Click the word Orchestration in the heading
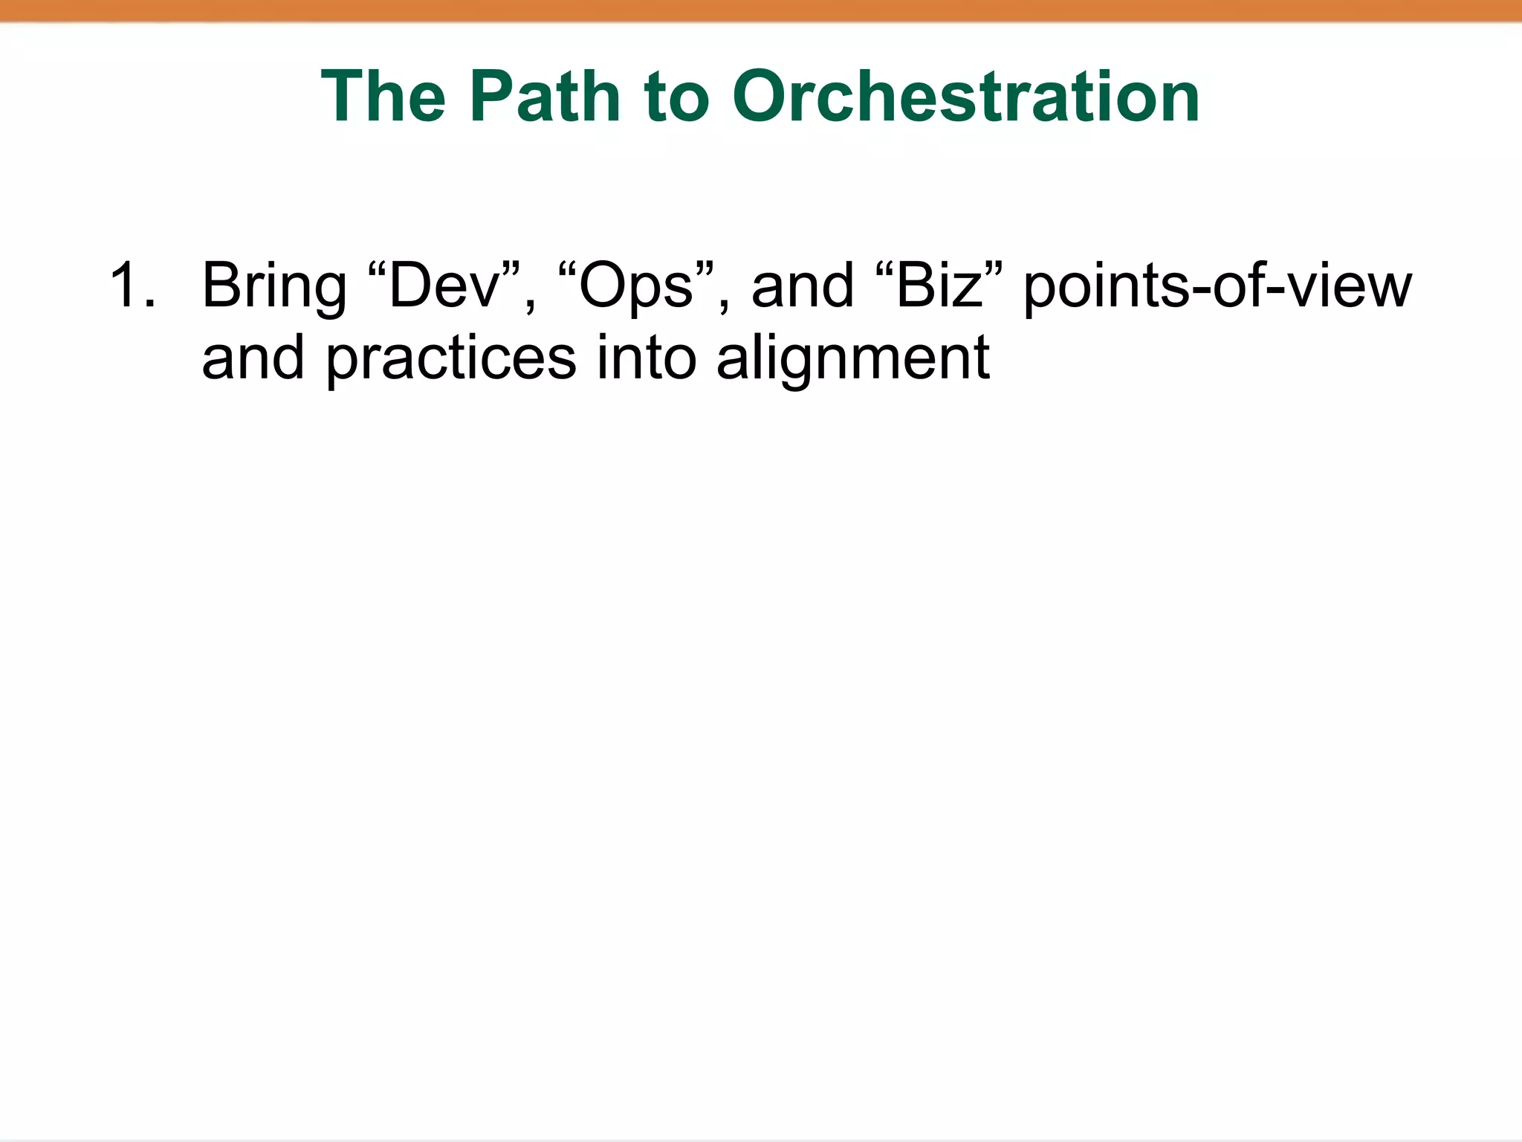click(966, 97)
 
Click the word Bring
click(274, 287)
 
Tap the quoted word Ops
click(636, 287)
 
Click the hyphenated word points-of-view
click(1217, 287)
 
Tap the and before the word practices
click(253, 358)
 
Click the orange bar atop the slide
click(761, 10)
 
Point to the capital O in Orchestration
click(762, 97)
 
